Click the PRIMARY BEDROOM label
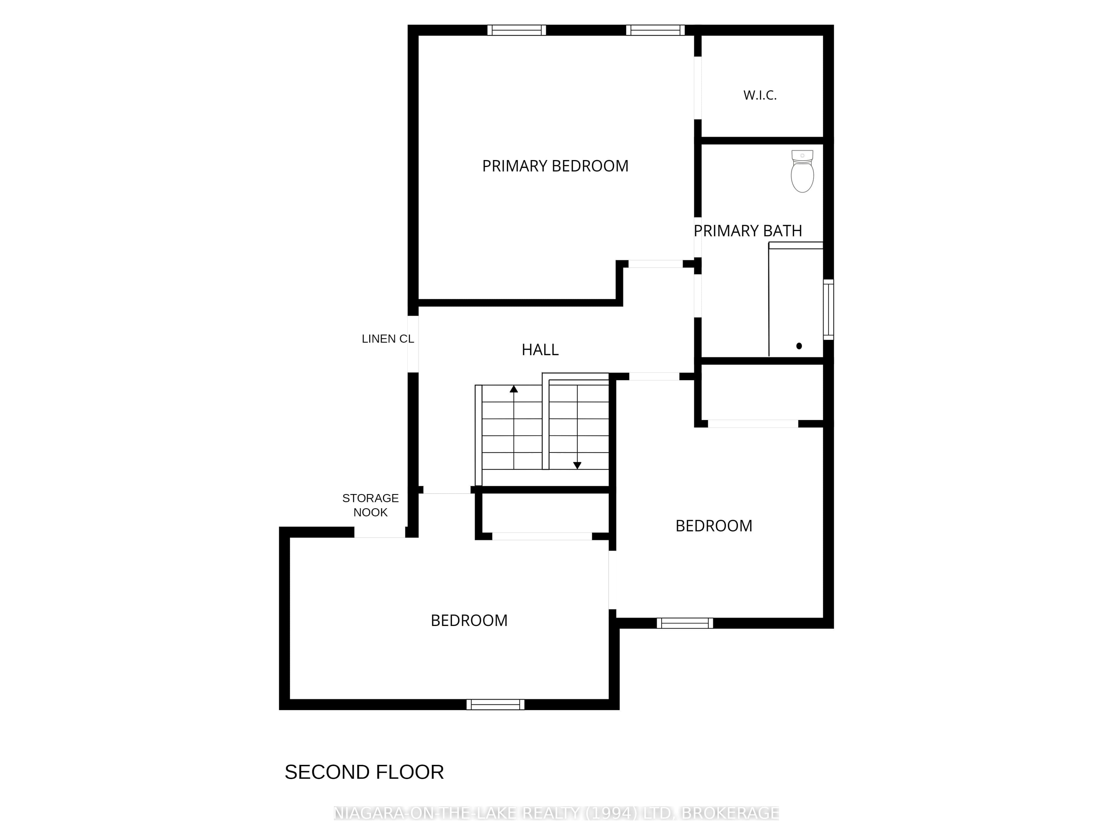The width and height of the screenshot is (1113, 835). (555, 166)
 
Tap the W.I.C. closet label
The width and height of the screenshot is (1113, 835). (760, 95)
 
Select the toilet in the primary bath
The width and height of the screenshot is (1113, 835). (802, 171)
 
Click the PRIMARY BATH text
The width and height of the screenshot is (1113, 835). (748, 231)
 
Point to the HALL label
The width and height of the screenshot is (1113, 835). (540, 350)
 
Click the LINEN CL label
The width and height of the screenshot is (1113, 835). (388, 339)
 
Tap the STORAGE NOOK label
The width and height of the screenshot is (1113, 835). (370, 505)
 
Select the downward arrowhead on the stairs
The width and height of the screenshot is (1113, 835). (577, 466)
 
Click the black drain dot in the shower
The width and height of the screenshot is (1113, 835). (799, 346)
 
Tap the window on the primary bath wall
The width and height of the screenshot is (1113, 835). (828, 310)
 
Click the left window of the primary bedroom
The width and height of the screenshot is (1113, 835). (517, 30)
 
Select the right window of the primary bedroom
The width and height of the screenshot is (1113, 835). (655, 30)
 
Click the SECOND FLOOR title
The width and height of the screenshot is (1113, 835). (364, 772)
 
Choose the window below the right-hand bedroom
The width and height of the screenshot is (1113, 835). (685, 623)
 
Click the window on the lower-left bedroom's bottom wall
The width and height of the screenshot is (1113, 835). (496, 705)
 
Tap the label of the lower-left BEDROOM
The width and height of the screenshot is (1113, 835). (469, 620)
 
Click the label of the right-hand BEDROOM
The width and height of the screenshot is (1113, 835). (714, 526)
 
